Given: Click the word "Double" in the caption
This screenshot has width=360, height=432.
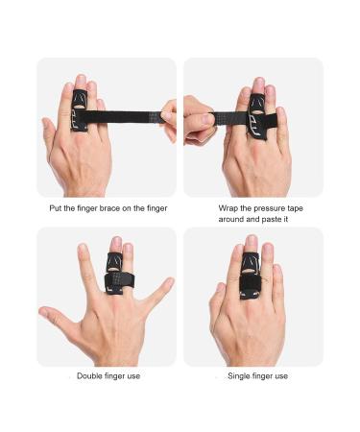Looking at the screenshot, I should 91,375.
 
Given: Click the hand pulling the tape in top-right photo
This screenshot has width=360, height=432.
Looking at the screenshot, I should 199,120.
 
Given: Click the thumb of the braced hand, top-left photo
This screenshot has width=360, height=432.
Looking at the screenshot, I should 50,134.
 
